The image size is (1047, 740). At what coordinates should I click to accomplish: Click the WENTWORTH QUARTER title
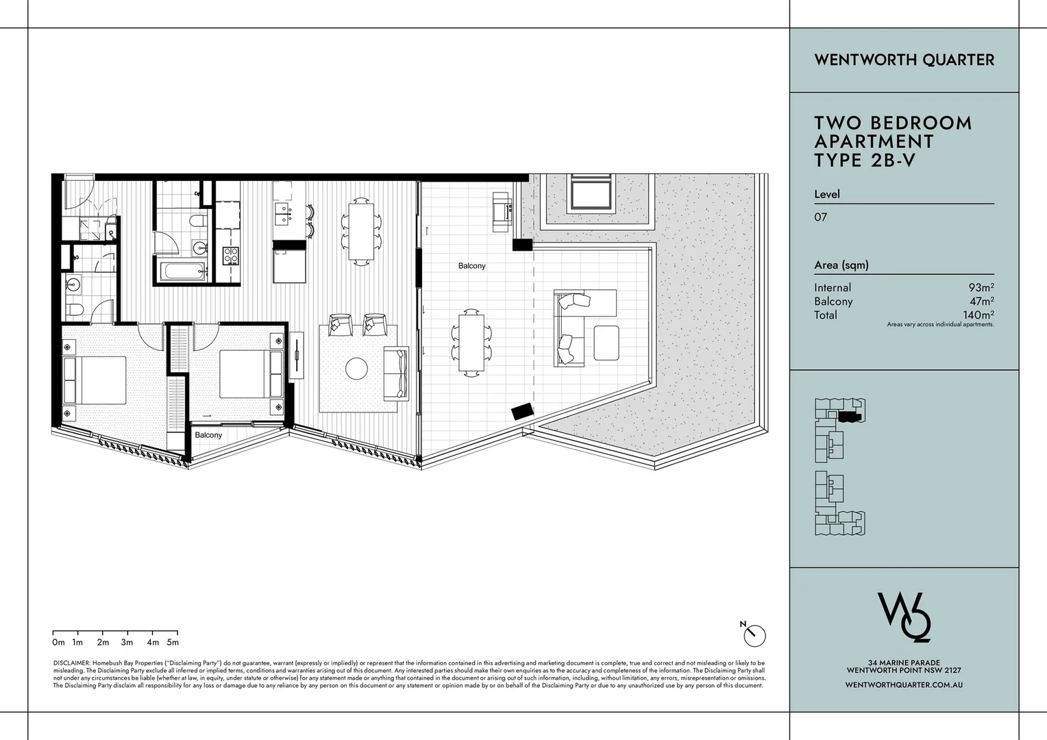point(904,60)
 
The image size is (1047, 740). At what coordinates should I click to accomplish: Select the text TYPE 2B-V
point(864,160)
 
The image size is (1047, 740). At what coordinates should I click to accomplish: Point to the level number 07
point(820,217)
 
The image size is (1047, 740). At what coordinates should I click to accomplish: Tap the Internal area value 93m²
point(981,288)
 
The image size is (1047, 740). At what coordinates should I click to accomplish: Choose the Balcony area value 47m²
point(981,301)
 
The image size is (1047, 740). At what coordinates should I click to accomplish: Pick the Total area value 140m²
point(978,315)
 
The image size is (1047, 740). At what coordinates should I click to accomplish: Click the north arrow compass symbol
point(754,635)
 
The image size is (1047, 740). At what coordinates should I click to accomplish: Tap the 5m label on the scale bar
point(173,643)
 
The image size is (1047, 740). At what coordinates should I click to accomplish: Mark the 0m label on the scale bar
point(58,643)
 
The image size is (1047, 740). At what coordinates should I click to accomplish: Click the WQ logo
point(904,617)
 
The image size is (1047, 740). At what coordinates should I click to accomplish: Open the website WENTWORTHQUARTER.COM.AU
point(904,684)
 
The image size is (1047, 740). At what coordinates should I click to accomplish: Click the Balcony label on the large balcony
point(471,266)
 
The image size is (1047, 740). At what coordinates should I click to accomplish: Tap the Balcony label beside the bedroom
point(208,435)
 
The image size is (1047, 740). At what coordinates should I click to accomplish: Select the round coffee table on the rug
point(356,369)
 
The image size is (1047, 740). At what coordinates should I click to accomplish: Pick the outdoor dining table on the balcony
point(471,341)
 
